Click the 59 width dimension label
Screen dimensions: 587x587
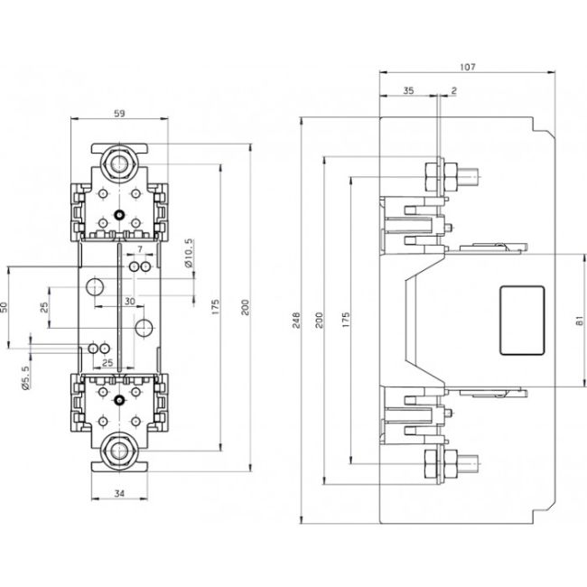pos(119,114)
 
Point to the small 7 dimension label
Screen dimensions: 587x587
pos(140,248)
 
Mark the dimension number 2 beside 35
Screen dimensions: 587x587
pos(452,91)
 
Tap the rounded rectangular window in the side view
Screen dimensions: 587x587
pos(523,321)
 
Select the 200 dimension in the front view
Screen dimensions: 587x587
pos(245,307)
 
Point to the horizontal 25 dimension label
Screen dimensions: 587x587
pos(107,362)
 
